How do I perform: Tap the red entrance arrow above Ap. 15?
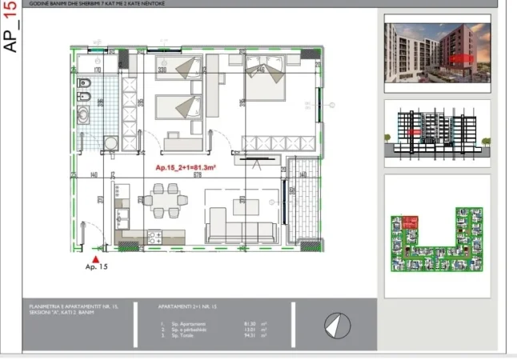tap(96, 259)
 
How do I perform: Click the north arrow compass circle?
tap(338, 325)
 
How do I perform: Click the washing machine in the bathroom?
tap(111, 144)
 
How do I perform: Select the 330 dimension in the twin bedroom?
tap(161, 70)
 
